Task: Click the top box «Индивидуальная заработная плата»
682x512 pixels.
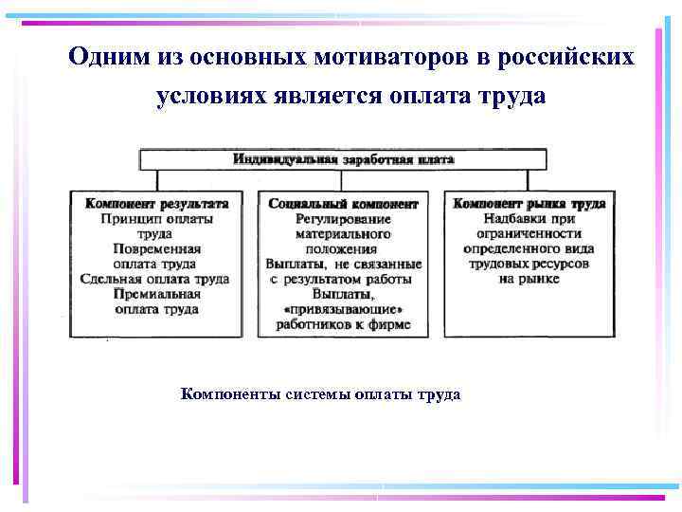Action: point(343,159)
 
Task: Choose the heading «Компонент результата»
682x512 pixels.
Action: point(156,204)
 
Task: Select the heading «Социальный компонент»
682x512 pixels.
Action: point(343,204)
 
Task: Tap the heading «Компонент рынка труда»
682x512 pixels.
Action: point(529,204)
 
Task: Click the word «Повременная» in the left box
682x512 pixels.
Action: point(156,249)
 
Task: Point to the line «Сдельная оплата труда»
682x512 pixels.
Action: point(156,280)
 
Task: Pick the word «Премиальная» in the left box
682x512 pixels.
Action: point(156,295)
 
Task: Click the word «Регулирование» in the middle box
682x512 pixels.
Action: point(343,219)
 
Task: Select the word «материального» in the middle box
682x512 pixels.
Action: point(343,234)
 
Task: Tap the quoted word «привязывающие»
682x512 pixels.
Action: point(343,310)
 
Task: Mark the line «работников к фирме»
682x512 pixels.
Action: point(343,325)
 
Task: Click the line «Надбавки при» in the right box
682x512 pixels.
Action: point(529,219)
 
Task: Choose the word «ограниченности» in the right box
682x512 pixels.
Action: point(529,234)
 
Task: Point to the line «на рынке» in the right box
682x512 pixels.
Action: point(529,280)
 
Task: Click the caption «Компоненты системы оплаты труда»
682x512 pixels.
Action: point(320,394)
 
